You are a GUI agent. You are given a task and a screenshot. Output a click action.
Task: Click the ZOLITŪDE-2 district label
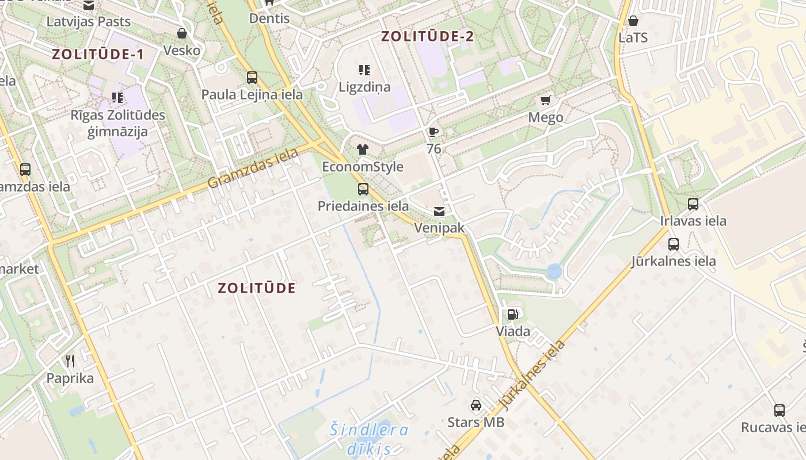pyautogui.click(x=427, y=36)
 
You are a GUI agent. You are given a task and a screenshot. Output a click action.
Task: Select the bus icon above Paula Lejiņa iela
pyautogui.click(x=252, y=78)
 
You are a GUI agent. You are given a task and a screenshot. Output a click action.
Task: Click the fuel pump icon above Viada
pyautogui.click(x=512, y=314)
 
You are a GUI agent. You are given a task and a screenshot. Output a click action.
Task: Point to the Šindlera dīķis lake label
pyautogui.click(x=369, y=439)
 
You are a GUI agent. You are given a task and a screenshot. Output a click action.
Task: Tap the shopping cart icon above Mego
pyautogui.click(x=546, y=101)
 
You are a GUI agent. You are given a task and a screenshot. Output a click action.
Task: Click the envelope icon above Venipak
pyautogui.click(x=439, y=211)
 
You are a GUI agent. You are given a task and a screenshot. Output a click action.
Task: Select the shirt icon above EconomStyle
pyautogui.click(x=363, y=149)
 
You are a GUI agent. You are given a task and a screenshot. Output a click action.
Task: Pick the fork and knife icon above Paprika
pyautogui.click(x=70, y=361)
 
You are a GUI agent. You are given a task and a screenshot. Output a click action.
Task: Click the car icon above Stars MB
pyautogui.click(x=476, y=405)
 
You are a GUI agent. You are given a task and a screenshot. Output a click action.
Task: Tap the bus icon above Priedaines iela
pyautogui.click(x=363, y=189)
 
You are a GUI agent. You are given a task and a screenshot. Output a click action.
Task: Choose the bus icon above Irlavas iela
pyautogui.click(x=693, y=204)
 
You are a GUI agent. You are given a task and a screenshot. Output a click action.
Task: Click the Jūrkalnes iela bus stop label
pyautogui.click(x=674, y=261)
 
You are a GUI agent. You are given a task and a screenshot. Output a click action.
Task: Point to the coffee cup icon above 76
pyautogui.click(x=434, y=132)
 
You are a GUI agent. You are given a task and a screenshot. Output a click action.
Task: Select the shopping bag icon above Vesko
pyautogui.click(x=182, y=33)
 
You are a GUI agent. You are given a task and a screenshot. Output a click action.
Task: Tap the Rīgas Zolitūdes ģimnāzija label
pyautogui.click(x=117, y=123)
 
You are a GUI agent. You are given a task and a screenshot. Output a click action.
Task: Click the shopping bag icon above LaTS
pyautogui.click(x=633, y=21)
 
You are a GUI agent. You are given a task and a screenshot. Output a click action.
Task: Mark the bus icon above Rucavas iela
pyautogui.click(x=780, y=410)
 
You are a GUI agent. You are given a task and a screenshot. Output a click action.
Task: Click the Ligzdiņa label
pyautogui.click(x=364, y=87)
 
